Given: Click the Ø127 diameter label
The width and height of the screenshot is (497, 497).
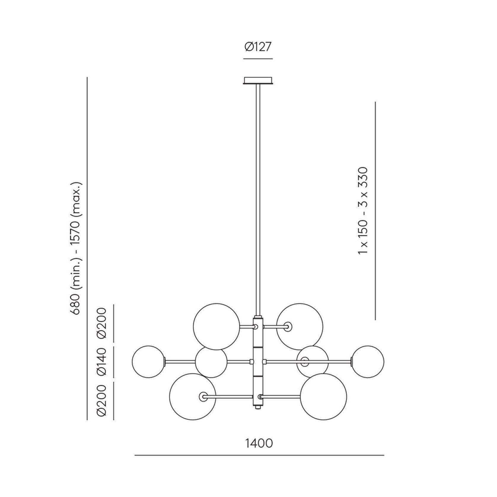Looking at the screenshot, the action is click(258, 47).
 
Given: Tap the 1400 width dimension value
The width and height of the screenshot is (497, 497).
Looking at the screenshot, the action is click(259, 443).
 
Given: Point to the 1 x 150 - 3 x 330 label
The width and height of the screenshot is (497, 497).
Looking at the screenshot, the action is click(363, 211).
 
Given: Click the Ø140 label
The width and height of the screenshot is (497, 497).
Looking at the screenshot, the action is click(101, 362).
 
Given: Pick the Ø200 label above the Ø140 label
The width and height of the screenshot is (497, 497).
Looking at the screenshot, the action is click(101, 323).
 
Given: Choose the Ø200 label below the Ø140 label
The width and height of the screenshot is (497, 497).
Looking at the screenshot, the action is click(101, 400).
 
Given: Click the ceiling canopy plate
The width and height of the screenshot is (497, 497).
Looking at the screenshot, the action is click(258, 81).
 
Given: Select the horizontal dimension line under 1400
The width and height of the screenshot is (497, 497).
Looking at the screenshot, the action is click(259, 463).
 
